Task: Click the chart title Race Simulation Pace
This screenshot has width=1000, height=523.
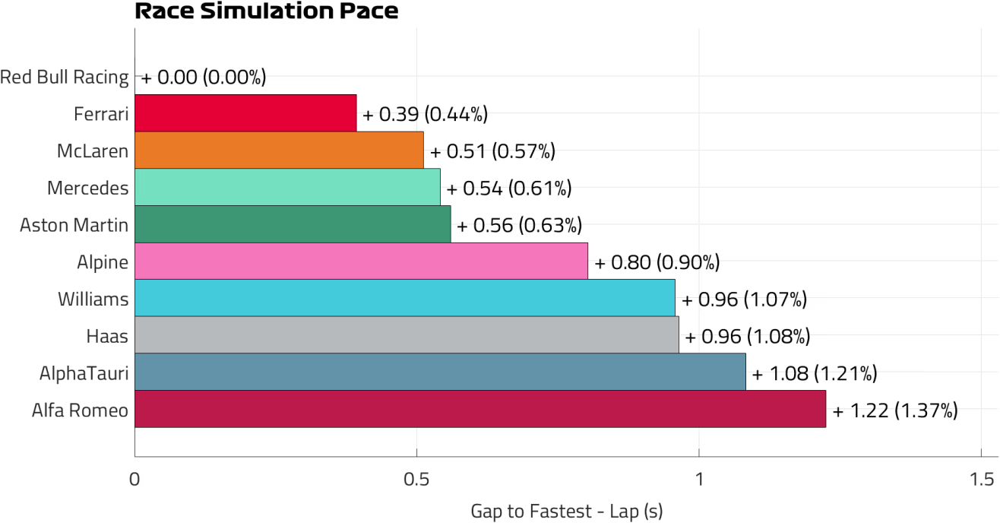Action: point(267,11)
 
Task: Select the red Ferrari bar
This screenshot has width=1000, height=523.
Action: point(245,113)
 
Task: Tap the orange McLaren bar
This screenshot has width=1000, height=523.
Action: point(279,150)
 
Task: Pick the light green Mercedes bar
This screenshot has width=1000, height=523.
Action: point(287,187)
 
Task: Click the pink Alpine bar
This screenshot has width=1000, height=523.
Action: point(361,261)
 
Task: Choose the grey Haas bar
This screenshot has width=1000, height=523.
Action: point(407,335)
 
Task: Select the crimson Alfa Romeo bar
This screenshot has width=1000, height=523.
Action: point(480,409)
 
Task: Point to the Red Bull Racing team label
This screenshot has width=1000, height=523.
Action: point(65,77)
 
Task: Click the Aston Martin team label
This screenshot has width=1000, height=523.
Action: point(74,225)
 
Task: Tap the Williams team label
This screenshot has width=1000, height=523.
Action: point(93,300)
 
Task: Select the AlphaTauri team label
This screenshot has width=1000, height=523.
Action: point(84,373)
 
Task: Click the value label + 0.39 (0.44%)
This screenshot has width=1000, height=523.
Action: point(425,114)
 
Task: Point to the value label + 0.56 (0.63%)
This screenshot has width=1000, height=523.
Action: point(519,225)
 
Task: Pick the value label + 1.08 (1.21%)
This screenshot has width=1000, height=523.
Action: point(815,373)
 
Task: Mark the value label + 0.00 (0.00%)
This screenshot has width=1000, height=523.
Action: point(204,78)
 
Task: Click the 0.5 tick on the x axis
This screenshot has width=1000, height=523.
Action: point(416,479)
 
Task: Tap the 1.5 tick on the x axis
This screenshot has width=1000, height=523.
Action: point(981,479)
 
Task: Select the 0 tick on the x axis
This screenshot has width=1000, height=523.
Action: point(134,479)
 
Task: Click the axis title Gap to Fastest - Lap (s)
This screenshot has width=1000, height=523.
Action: point(567,512)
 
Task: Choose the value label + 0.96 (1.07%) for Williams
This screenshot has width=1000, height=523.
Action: point(744,300)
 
